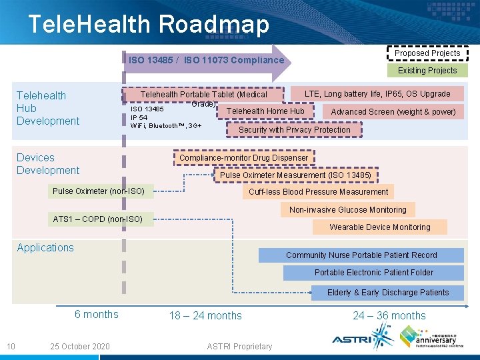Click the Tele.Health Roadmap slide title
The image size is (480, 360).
tap(148, 25)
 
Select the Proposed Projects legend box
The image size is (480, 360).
tap(427, 53)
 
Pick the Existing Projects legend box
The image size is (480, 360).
tap(427, 70)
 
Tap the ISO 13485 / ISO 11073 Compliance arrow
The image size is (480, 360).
tap(207, 61)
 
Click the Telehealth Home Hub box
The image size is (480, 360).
tap(265, 111)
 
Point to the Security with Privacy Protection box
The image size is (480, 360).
tap(295, 130)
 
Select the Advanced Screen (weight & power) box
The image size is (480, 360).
tap(393, 111)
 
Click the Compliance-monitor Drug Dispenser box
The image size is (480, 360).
tap(243, 158)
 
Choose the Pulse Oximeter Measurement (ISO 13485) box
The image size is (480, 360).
tap(295, 175)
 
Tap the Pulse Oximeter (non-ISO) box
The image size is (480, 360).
tap(98, 191)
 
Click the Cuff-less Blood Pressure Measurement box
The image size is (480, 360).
tap(318, 192)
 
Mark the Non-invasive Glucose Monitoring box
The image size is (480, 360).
tap(347, 209)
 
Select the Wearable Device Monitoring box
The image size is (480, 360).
tap(379, 227)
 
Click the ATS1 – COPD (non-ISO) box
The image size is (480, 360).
tap(98, 219)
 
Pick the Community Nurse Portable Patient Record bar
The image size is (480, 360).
tap(361, 255)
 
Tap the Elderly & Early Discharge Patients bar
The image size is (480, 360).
tap(387, 293)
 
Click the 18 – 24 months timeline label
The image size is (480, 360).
tap(205, 315)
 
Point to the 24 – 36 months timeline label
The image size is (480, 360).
tap(389, 315)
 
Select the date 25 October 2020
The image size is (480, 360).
tap(79, 346)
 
